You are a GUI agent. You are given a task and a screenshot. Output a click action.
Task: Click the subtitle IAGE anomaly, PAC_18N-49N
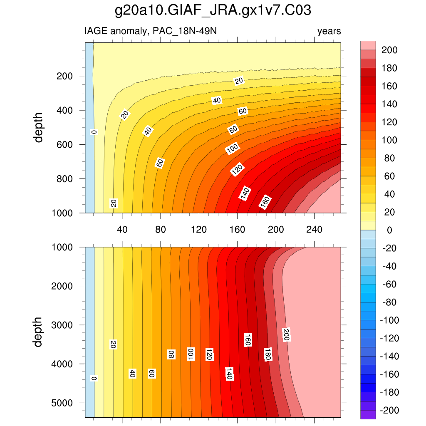151,31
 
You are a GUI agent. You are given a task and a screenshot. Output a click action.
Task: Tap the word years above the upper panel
329,31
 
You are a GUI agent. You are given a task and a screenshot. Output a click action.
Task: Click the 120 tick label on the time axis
199,229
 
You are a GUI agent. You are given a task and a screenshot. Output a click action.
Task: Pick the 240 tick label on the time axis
314,229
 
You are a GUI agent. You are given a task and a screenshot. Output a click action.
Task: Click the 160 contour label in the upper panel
265,202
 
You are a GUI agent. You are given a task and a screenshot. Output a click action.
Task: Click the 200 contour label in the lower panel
286,335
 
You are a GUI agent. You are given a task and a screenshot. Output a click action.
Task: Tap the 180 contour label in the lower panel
268,354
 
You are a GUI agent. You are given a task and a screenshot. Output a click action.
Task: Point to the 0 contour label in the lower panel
94,379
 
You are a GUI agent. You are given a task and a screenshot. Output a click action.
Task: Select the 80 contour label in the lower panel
171,354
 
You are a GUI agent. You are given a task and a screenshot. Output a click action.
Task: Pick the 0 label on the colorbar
389,230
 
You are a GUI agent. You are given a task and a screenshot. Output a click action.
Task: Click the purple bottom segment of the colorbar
368,415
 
